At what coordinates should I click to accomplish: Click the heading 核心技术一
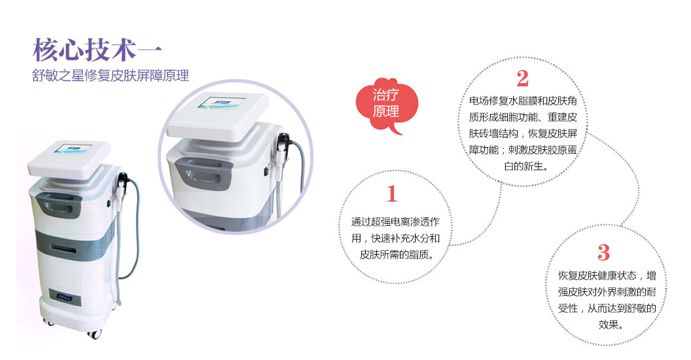97,50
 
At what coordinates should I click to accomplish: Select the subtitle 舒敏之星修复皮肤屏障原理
110,75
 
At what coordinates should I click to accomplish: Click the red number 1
392,194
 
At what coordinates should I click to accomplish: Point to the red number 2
523,79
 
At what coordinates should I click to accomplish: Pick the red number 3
604,253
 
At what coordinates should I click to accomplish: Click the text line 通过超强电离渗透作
395,222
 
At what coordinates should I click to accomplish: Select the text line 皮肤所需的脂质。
397,254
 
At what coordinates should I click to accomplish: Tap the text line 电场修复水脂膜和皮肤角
523,101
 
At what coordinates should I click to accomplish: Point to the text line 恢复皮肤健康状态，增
607,276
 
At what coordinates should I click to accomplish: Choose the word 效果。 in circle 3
611,325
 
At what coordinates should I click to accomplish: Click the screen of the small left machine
73,149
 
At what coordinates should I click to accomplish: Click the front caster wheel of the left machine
94,333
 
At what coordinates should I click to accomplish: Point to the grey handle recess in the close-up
204,172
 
